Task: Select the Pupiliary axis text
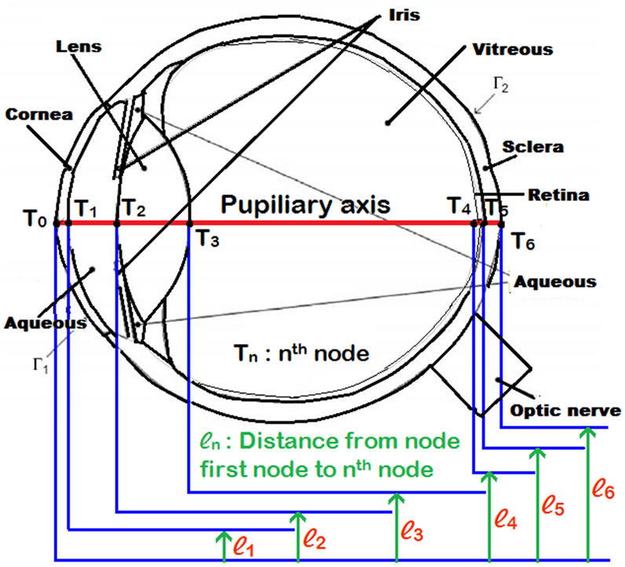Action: point(305,206)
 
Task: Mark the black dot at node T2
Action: point(116,223)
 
